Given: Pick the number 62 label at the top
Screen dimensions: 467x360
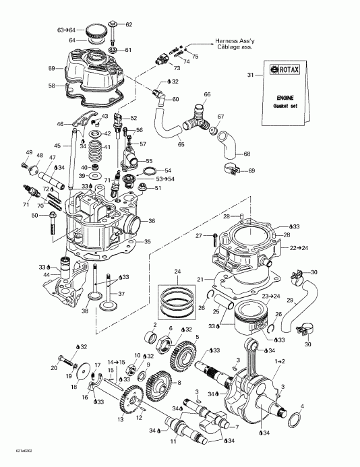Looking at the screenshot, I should tap(129, 24).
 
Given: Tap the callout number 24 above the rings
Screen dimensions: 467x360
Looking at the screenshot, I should tap(179, 272).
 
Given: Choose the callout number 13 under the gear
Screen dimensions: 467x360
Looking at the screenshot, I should tap(121, 419).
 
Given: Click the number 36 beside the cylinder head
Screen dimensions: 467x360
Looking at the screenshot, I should tap(152, 220).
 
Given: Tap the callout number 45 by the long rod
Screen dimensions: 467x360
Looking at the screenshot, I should tap(57, 146).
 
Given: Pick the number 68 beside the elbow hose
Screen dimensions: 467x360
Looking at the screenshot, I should tap(247, 154).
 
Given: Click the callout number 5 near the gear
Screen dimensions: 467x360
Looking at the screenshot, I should tap(197, 337).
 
